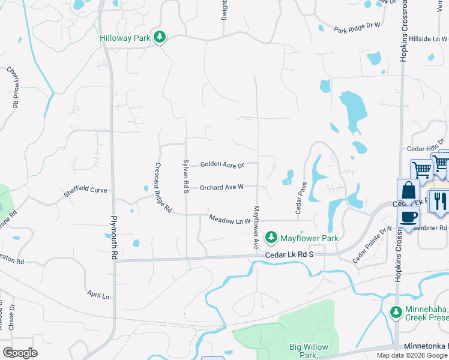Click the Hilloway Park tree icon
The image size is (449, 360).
tap(159, 37)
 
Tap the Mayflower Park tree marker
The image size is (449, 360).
tap(271, 238)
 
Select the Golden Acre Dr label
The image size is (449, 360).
tap(222, 164)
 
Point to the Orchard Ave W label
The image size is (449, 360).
tap(221, 187)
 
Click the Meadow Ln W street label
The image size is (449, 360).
tap(229, 220)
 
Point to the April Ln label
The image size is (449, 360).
tap(98, 296)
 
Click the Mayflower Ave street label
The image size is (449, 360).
tap(256, 228)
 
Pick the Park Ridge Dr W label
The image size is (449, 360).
tap(358, 27)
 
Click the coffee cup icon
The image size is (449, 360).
tap(408, 218)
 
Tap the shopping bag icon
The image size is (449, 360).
tap(408, 190)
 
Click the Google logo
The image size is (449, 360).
tap(20, 353)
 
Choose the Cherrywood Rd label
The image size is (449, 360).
tap(13, 87)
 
